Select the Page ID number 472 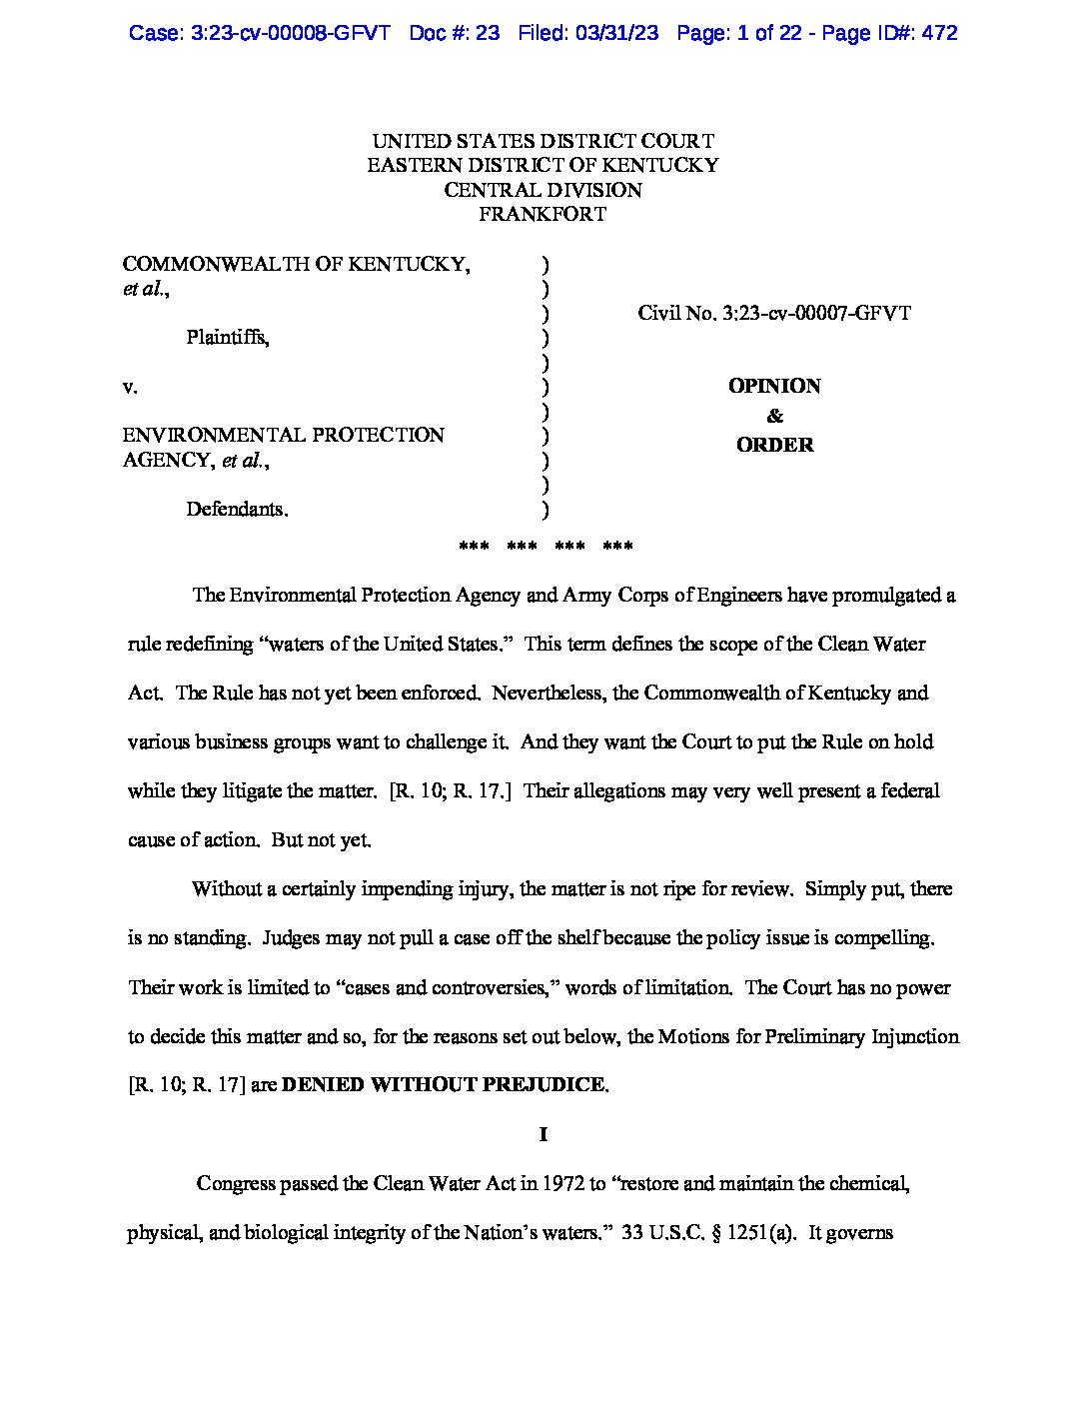pos(939,33)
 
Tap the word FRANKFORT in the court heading pos(543,214)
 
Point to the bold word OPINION pos(774,386)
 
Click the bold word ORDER pos(774,445)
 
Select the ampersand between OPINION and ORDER pos(774,416)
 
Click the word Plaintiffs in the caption pos(227,338)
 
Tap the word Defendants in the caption pos(236,509)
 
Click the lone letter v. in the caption pos(130,387)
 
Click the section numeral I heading pos(543,1134)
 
